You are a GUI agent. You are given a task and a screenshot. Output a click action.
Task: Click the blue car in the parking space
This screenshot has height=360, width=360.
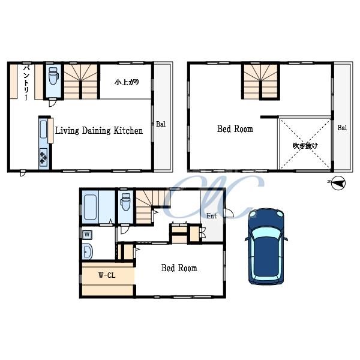(x=266, y=247)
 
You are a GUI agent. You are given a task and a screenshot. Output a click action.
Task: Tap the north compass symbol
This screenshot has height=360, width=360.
(x=338, y=183)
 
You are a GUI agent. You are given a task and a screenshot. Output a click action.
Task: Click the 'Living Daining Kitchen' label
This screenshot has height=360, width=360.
(x=99, y=131)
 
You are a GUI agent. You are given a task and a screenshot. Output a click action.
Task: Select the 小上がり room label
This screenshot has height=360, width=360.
(x=127, y=82)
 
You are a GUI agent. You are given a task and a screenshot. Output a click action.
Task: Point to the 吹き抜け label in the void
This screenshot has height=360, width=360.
(x=305, y=146)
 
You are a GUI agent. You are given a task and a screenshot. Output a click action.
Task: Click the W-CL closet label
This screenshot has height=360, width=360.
(x=107, y=275)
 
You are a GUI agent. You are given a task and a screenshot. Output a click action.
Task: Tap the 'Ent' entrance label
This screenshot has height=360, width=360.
(x=211, y=216)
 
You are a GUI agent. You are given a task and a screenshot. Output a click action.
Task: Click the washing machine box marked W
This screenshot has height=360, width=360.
(x=87, y=235)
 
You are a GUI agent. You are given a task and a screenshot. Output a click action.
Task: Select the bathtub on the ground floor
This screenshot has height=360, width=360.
(x=90, y=207)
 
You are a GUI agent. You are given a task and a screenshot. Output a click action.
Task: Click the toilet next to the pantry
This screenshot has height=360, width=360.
(x=54, y=76)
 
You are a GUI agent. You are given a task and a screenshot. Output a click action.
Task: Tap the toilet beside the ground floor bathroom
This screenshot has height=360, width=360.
(x=125, y=202)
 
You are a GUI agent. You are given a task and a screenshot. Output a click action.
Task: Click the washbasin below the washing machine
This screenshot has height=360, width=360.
(x=87, y=251)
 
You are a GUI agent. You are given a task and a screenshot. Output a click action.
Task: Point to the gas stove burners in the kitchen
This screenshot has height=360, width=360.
(x=43, y=157)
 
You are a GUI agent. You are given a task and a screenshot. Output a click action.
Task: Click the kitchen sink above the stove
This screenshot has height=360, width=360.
(x=43, y=129)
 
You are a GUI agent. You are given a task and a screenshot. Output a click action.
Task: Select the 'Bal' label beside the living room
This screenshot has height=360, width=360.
(x=161, y=124)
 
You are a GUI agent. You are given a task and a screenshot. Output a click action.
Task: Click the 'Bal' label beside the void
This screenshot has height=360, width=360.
(x=342, y=128)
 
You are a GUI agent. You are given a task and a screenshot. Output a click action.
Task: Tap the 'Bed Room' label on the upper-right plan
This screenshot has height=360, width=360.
(x=235, y=129)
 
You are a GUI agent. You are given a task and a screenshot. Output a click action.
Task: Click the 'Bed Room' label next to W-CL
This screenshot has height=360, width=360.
(x=179, y=268)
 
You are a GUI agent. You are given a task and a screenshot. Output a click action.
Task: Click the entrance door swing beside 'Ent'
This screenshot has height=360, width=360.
(x=229, y=213)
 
